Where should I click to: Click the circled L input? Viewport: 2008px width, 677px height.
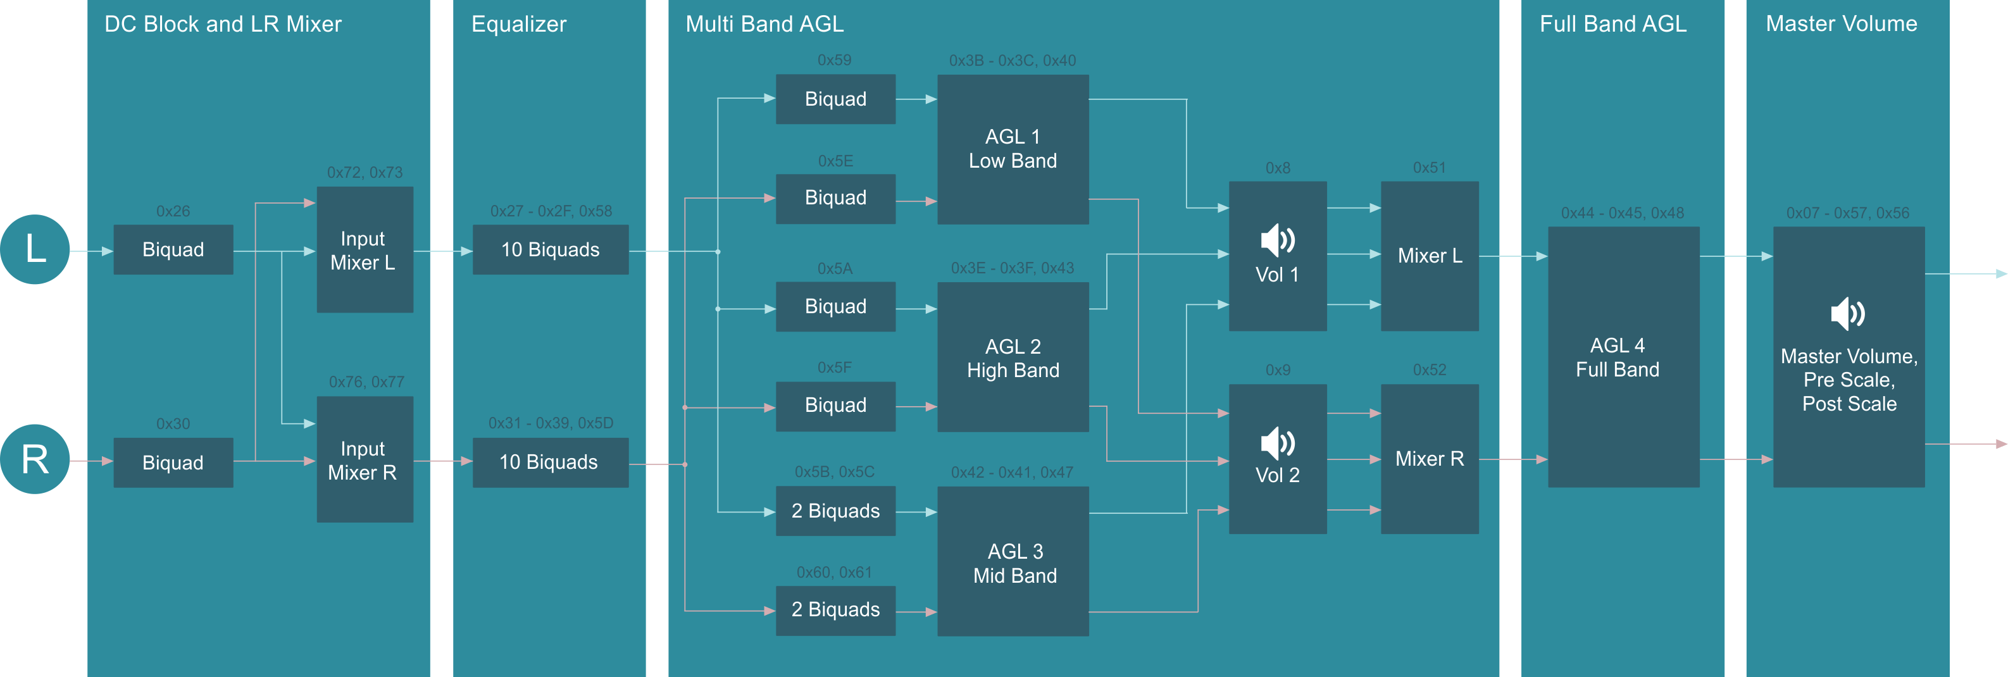34,249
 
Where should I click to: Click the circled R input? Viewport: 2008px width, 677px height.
34,459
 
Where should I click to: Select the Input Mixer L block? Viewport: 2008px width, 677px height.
364,249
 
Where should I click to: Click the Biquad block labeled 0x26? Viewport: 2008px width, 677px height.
173,249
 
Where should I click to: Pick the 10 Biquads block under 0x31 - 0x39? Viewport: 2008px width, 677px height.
549,462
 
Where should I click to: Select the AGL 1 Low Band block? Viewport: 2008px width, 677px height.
1013,149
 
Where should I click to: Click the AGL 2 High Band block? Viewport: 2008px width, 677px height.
1013,357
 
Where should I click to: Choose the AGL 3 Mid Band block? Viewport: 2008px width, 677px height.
1013,562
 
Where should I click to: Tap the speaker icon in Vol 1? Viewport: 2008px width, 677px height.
1277,240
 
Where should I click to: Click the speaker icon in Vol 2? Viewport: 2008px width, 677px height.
1277,444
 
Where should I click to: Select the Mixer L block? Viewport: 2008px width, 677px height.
1429,256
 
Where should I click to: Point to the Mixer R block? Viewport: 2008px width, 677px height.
1429,459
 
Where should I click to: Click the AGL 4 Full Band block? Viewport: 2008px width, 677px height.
1623,357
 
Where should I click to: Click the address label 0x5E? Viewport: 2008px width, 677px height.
835,161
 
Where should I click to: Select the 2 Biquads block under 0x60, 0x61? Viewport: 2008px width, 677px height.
835,610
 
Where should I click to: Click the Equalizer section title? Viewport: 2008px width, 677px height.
518,24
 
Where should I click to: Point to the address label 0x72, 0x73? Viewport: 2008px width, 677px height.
365,172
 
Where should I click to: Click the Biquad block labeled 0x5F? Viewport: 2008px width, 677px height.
835,405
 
